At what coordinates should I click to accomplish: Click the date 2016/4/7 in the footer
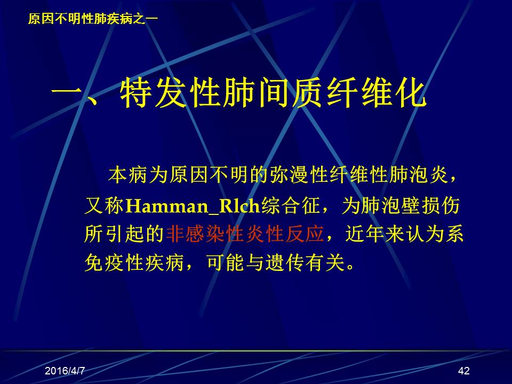65,371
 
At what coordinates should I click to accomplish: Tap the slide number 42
463,371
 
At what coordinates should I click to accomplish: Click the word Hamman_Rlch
193,206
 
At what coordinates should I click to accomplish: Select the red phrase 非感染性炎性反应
245,234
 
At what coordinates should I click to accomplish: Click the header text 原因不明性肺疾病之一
93,19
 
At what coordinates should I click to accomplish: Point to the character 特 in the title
135,93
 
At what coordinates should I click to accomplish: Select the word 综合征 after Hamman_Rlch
291,206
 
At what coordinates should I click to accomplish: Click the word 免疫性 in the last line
114,262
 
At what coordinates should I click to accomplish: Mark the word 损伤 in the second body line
440,206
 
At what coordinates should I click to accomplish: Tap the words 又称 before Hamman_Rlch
104,206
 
